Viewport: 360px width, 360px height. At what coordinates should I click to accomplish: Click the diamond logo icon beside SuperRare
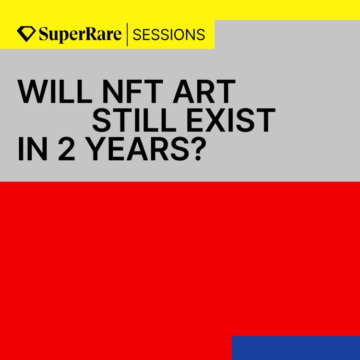(26, 34)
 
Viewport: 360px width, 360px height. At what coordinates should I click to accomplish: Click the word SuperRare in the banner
(80, 35)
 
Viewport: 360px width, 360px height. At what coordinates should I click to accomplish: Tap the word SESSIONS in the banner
(168, 35)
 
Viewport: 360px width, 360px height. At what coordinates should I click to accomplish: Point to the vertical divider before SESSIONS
(127, 35)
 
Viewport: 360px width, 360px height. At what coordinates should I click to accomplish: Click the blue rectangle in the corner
(296, 348)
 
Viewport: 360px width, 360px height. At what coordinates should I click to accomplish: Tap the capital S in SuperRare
(43, 35)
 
